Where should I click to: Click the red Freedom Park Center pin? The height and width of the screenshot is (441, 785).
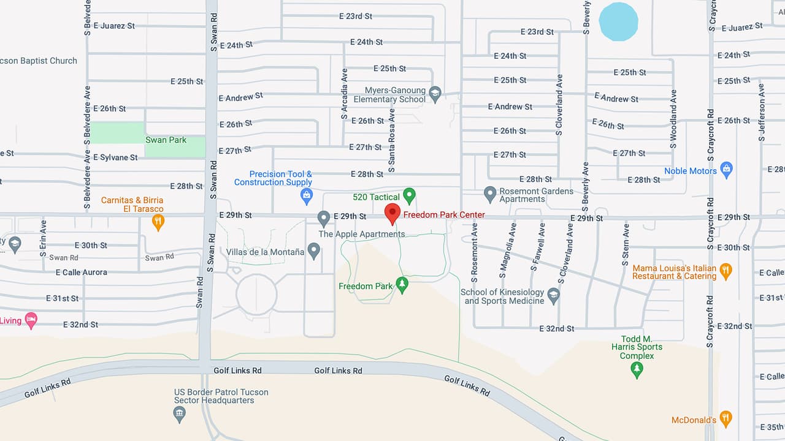pyautogui.click(x=392, y=214)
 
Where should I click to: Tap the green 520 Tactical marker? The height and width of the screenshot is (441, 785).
pyautogui.click(x=409, y=196)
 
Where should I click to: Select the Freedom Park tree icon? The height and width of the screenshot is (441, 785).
pyautogui.click(x=402, y=284)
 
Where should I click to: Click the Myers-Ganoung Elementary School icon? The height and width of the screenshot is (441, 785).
pyautogui.click(x=435, y=94)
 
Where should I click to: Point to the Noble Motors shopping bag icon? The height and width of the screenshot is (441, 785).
pyautogui.click(x=727, y=170)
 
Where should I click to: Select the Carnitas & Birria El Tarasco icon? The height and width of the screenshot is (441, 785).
pyautogui.click(x=158, y=221)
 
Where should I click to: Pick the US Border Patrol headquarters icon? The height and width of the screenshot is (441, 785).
pyautogui.click(x=180, y=414)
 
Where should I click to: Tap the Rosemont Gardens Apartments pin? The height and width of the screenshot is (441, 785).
pyautogui.click(x=490, y=194)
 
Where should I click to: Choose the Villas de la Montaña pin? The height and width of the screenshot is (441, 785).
pyautogui.click(x=313, y=250)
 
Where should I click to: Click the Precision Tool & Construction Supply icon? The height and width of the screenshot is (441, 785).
pyautogui.click(x=307, y=196)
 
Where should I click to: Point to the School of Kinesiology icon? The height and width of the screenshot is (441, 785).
pyautogui.click(x=554, y=295)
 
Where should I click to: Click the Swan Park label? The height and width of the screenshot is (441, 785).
pyautogui.click(x=166, y=140)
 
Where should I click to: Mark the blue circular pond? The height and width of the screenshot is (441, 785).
pyautogui.click(x=618, y=21)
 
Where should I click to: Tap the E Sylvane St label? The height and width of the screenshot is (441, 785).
pyautogui.click(x=115, y=157)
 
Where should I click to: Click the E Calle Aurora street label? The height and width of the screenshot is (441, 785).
pyautogui.click(x=81, y=272)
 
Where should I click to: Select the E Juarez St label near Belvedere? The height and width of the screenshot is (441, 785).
pyautogui.click(x=114, y=26)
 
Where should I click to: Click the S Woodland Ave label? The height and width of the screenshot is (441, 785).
pyautogui.click(x=673, y=119)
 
